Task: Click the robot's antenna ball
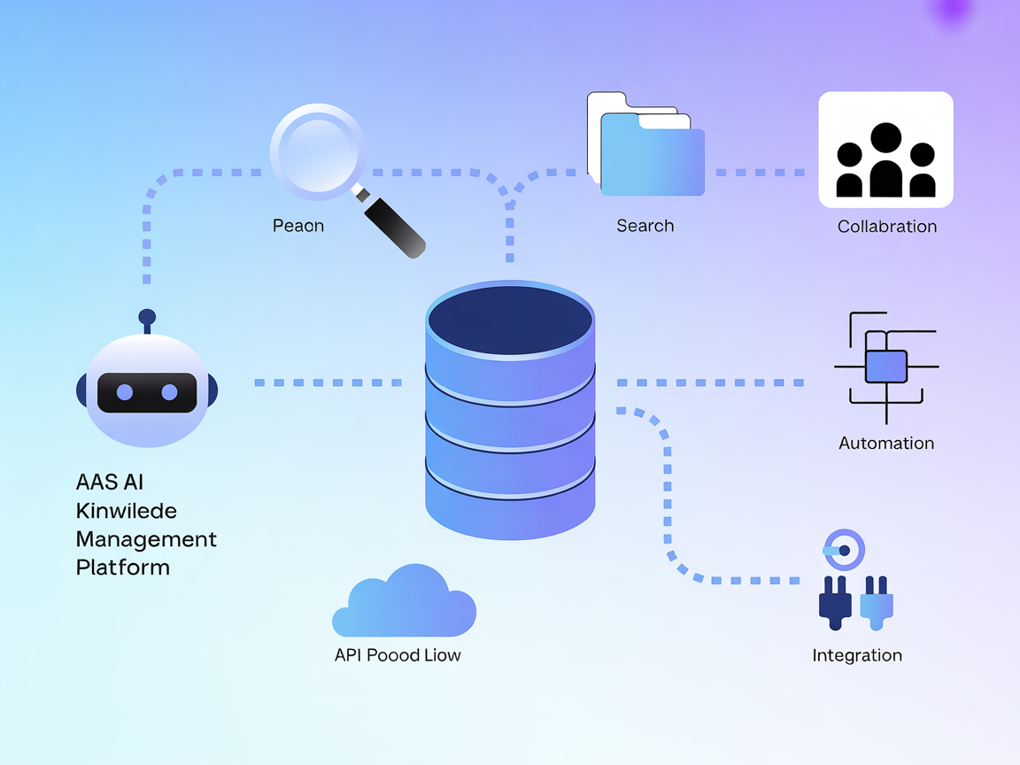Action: [x=147, y=317]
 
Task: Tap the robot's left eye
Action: [x=125, y=392]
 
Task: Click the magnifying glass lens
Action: [x=317, y=150]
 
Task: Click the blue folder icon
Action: [x=653, y=159]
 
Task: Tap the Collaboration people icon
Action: [x=885, y=159]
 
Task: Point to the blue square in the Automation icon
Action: [x=885, y=366]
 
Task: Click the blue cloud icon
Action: [x=405, y=604]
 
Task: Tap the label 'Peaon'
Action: [x=298, y=226]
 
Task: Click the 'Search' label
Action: [x=645, y=226]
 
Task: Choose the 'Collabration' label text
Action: [x=887, y=227]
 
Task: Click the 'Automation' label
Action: [x=886, y=443]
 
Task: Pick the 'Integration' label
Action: [x=857, y=655]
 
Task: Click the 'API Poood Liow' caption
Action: [x=398, y=655]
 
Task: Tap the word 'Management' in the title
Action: [x=146, y=538]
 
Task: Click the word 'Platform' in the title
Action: [x=123, y=567]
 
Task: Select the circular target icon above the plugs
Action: [x=844, y=550]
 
